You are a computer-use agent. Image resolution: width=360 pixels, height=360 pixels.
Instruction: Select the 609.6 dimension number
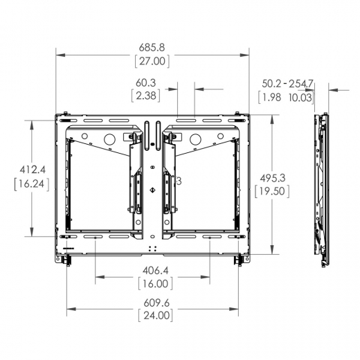coord(154,303)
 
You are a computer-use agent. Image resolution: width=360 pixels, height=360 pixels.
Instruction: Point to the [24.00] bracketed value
coord(154,315)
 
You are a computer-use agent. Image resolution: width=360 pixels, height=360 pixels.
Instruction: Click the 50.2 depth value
coord(272,84)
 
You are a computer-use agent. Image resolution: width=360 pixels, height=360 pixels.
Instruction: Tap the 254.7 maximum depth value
coord(302,84)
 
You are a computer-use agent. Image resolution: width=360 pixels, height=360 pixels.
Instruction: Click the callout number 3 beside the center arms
coord(179,181)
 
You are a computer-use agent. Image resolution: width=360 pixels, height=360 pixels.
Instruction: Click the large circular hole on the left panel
coord(109,139)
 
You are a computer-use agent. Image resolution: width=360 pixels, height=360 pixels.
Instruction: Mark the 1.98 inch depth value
coord(271,97)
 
